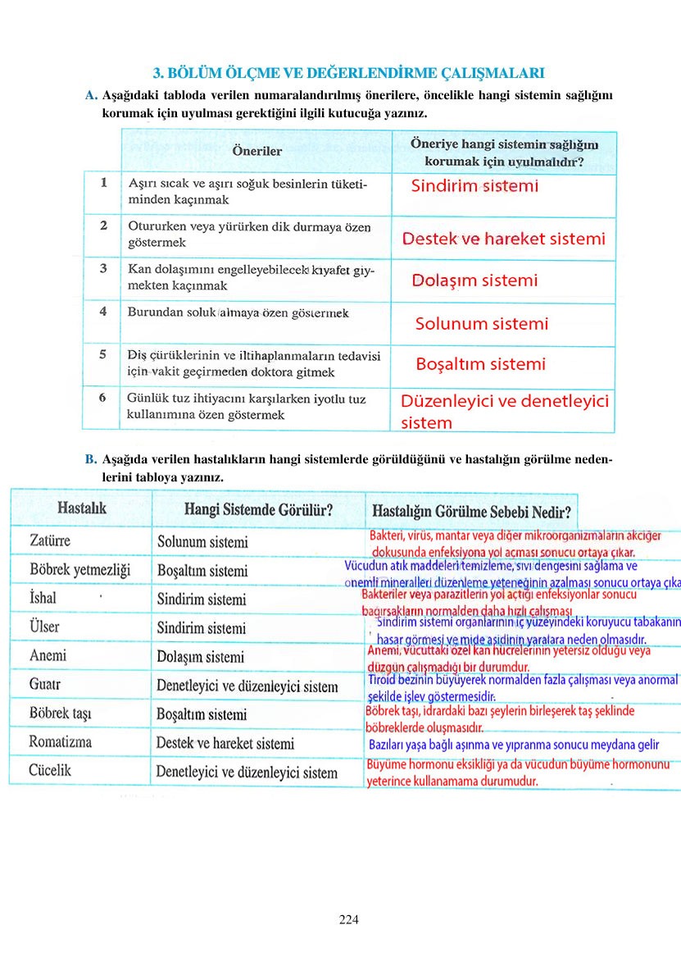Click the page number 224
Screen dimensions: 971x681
pos(349,919)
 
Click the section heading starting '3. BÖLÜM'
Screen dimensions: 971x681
pos(350,73)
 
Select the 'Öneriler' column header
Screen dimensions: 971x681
pos(257,151)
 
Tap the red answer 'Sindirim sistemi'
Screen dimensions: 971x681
pos(474,186)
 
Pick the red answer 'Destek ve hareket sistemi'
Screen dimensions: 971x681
pos(503,239)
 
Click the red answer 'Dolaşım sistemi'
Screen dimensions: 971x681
pos(474,280)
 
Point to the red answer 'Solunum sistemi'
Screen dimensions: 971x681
pos(482,323)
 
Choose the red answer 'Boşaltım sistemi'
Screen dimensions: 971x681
pos(480,364)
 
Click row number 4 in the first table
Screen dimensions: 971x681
pos(103,312)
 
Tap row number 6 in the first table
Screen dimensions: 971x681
pos(103,398)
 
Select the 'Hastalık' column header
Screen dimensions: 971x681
pos(82,508)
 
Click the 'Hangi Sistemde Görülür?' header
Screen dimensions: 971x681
pos(258,510)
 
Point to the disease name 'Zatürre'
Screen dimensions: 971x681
pos(50,541)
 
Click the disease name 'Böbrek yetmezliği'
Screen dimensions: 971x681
pos(79,570)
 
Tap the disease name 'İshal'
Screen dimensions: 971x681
pos(43,599)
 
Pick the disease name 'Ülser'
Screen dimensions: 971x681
pos(44,627)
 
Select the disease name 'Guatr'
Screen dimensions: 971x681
pos(45,684)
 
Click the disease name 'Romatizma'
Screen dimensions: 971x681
pos(60,742)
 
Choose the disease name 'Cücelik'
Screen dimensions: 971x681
pos(50,770)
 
